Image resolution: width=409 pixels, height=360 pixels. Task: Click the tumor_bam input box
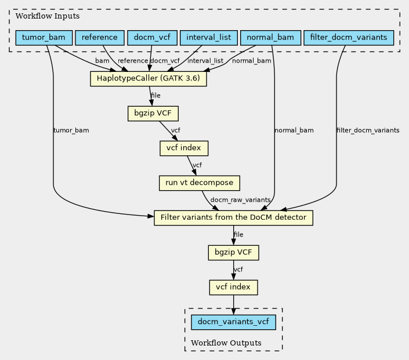tap(44, 38)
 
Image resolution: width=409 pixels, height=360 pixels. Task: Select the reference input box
tap(100, 38)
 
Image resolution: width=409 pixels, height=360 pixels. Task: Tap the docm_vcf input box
tap(152, 38)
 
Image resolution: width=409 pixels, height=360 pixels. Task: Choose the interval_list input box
tap(209, 38)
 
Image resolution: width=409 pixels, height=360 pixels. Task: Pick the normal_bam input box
tap(270, 38)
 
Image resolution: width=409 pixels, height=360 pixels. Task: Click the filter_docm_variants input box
tap(349, 38)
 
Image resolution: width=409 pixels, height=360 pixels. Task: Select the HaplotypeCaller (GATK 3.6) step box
tap(149, 79)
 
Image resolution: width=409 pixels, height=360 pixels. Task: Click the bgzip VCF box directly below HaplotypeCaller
tap(153, 114)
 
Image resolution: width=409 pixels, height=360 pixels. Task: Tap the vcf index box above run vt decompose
tap(184, 148)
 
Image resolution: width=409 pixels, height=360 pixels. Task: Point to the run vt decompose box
tap(200, 183)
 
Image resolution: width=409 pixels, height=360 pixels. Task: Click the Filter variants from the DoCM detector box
tap(233, 218)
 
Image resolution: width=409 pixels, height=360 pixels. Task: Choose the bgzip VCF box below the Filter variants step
tap(233, 253)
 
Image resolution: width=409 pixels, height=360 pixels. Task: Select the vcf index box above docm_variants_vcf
tap(233, 288)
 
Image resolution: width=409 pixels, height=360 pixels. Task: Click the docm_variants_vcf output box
tap(233, 322)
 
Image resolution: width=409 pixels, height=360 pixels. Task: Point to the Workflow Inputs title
tap(48, 16)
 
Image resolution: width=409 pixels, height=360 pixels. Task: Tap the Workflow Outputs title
tap(226, 343)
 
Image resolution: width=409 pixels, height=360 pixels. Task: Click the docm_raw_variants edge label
tap(240, 200)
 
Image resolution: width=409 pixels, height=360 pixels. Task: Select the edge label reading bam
tap(102, 61)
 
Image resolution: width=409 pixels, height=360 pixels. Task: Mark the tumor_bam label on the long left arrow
tap(71, 130)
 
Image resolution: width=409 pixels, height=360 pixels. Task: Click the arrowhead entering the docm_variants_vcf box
tap(233, 311)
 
